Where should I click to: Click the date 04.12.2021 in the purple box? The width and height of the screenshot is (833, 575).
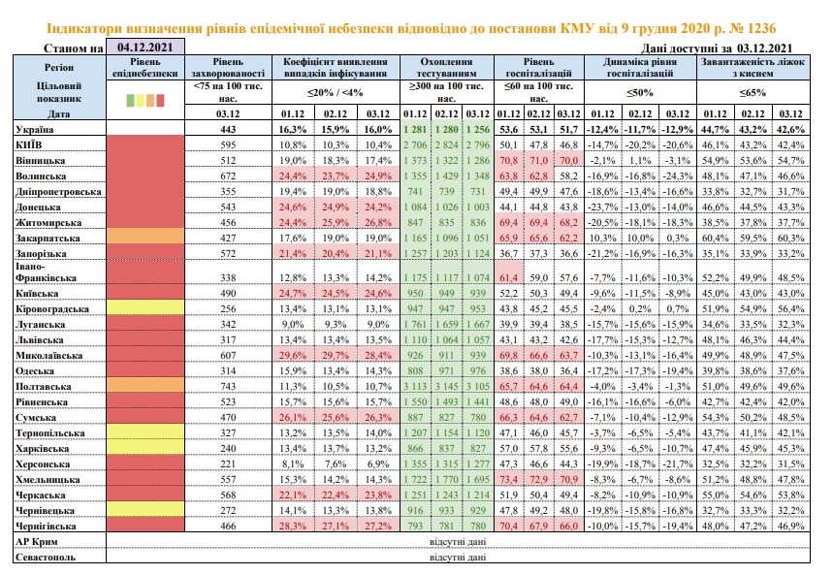pyautogui.click(x=145, y=47)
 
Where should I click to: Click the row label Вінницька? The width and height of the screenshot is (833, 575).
pyautogui.click(x=41, y=161)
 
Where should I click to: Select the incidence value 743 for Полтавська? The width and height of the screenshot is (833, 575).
pyautogui.click(x=228, y=386)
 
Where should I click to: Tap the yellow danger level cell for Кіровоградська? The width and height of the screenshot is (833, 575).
pyautogui.click(x=145, y=308)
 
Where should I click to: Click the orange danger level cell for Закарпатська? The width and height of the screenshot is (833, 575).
pyautogui.click(x=145, y=236)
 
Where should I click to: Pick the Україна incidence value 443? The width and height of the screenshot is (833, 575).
pyautogui.click(x=228, y=129)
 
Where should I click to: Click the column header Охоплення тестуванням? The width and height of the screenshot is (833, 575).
pyautogui.click(x=446, y=68)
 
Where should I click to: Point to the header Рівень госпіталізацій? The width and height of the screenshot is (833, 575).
pyautogui.click(x=539, y=68)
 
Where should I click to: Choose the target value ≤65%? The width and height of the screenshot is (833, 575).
pyautogui.click(x=753, y=92)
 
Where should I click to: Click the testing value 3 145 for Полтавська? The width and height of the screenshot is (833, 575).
pyautogui.click(x=446, y=386)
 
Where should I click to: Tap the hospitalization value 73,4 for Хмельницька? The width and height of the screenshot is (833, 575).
pyautogui.click(x=508, y=479)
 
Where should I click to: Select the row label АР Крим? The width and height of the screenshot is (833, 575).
pyautogui.click(x=37, y=541)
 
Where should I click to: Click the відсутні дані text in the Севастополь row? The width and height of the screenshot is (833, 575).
pyautogui.click(x=458, y=557)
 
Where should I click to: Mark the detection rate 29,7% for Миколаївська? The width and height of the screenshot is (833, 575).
pyautogui.click(x=336, y=356)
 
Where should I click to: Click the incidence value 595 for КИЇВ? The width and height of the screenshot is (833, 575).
pyautogui.click(x=228, y=145)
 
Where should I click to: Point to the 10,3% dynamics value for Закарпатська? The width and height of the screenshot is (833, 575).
pyautogui.click(x=603, y=239)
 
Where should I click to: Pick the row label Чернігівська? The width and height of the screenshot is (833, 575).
pyautogui.click(x=46, y=527)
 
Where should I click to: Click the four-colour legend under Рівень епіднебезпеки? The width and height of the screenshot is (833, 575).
pyautogui.click(x=145, y=100)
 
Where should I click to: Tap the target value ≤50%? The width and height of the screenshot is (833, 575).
pyautogui.click(x=640, y=92)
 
